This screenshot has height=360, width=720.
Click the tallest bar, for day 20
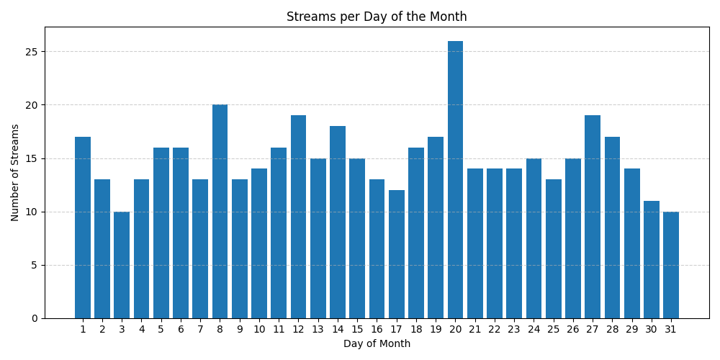click(455, 180)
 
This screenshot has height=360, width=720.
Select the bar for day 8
click(220, 212)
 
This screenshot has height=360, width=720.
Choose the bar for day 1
click(83, 228)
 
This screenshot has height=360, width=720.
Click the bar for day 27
click(593, 217)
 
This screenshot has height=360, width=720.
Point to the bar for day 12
click(298, 217)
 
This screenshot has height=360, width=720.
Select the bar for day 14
click(338, 222)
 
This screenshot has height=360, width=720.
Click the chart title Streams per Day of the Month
click(377, 17)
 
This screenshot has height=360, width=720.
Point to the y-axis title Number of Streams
click(15, 173)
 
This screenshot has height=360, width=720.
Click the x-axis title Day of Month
click(377, 344)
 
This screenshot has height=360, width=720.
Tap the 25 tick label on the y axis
click(33, 52)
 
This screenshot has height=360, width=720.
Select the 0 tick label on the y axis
click(35, 318)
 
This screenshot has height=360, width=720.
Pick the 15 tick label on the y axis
click(33, 158)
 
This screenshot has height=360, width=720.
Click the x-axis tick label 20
click(455, 329)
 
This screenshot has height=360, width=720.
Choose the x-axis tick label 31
click(671, 329)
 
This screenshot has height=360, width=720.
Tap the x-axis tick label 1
click(83, 329)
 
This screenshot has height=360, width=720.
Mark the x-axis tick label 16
click(377, 329)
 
